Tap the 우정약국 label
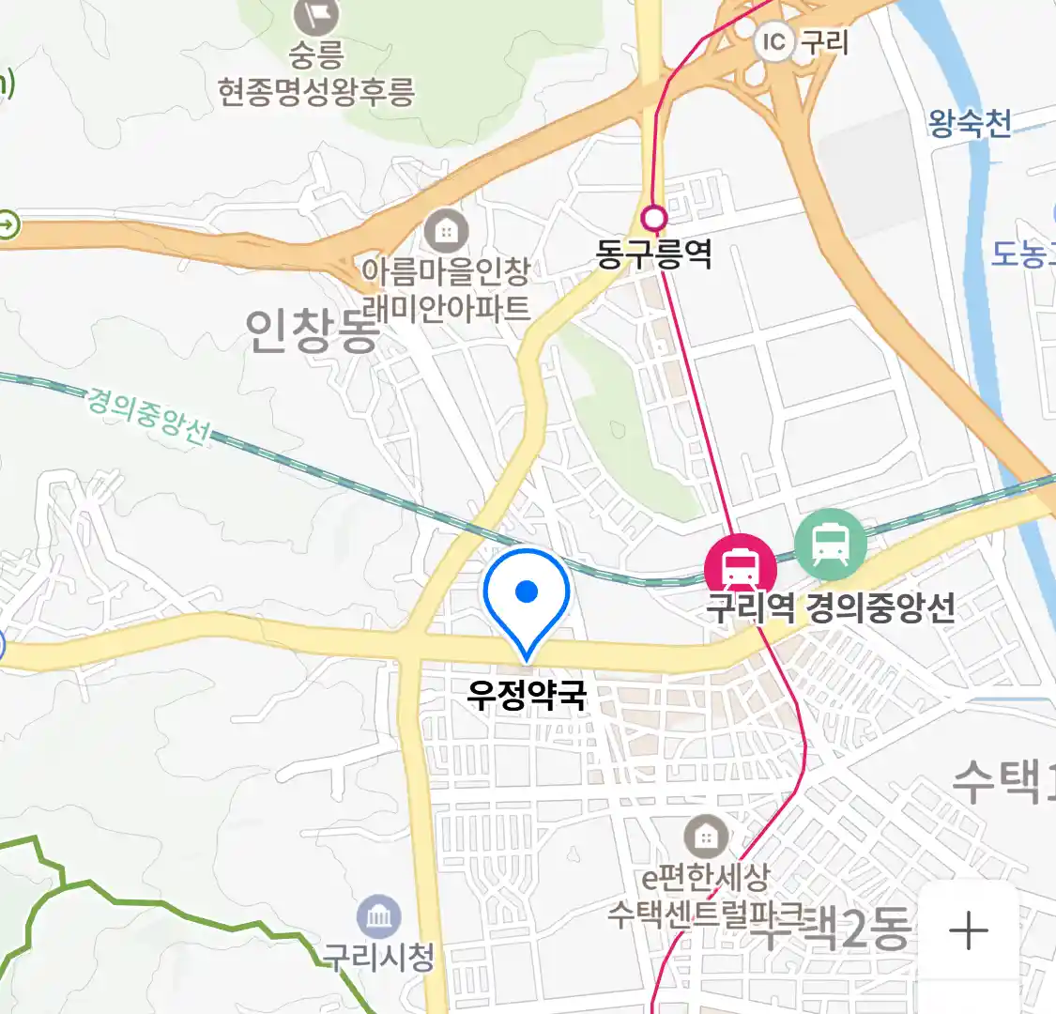[x=527, y=696]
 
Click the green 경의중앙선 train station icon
[x=831, y=543]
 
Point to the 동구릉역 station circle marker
[x=653, y=219]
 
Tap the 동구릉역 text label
[x=653, y=253]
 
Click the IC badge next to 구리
[x=773, y=41]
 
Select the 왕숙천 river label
[x=970, y=123]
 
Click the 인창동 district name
[x=311, y=330]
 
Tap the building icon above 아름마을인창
[x=446, y=230]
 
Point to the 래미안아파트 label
[x=452, y=308]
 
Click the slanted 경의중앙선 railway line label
[x=147, y=414]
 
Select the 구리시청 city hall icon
[x=378, y=917]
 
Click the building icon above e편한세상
[x=705, y=836]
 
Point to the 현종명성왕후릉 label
[x=316, y=92]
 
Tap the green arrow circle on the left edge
[x=7, y=225]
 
